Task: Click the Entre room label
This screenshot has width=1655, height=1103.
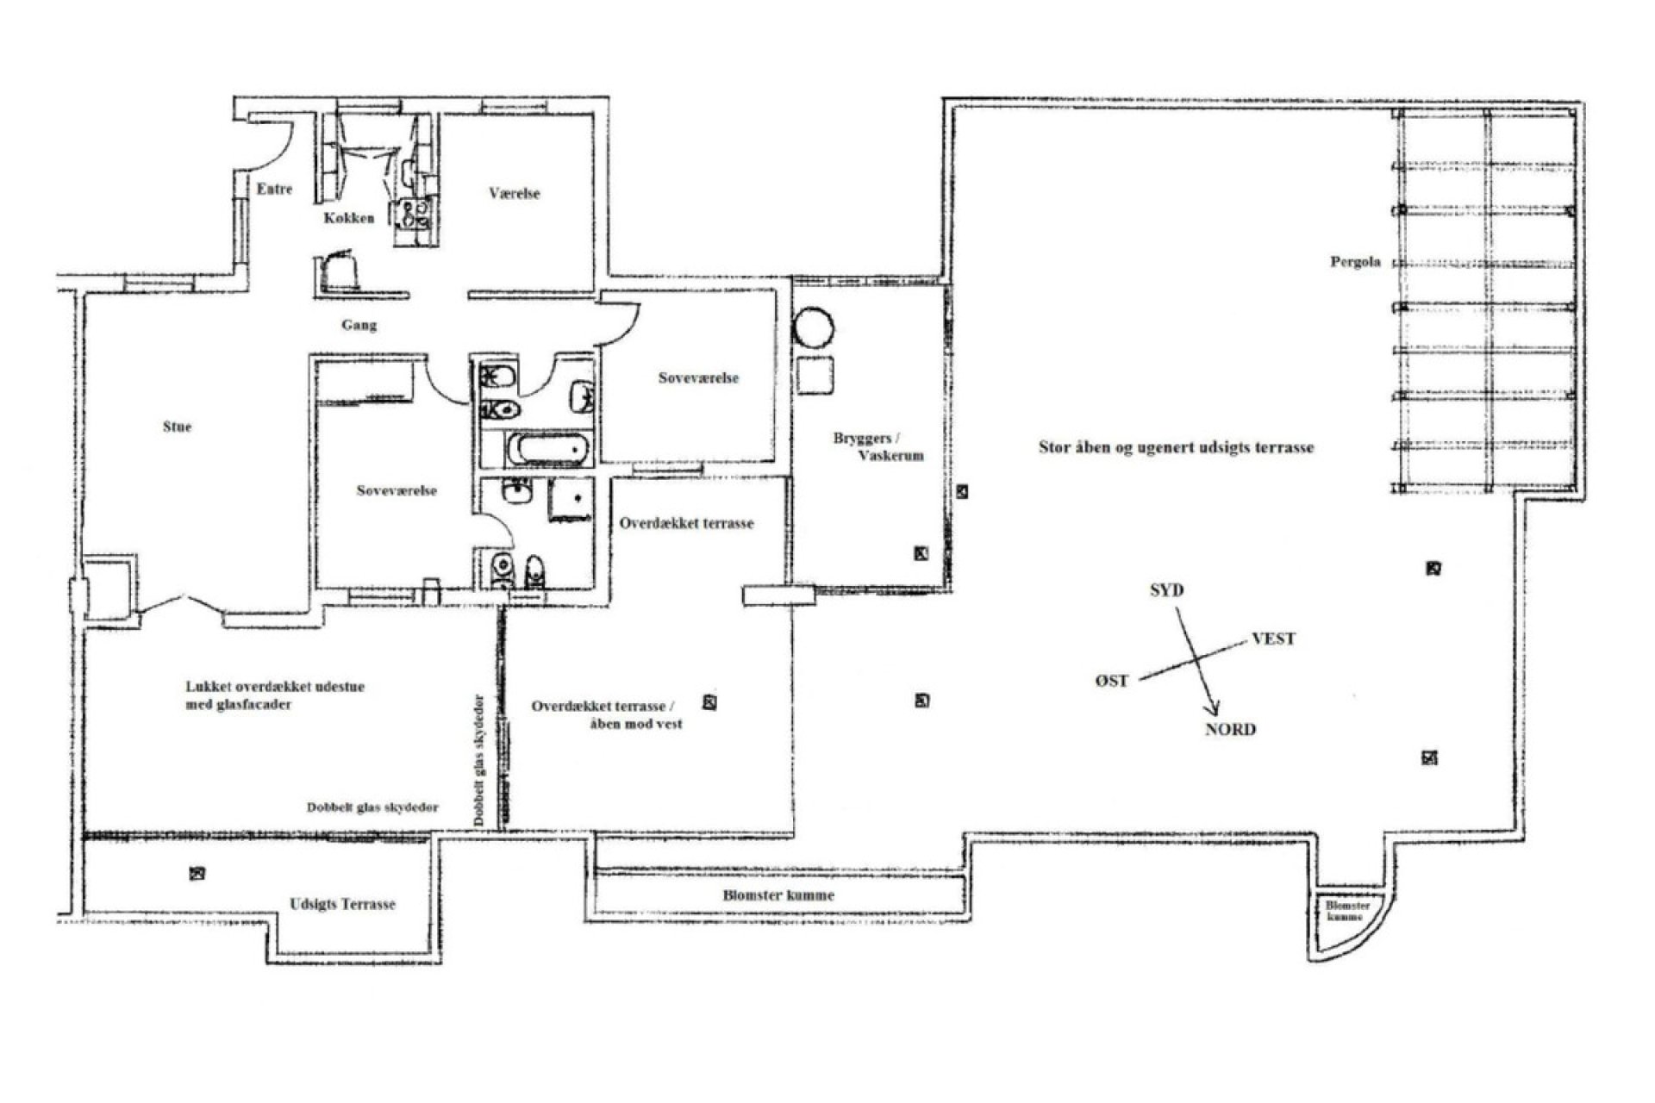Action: (x=274, y=189)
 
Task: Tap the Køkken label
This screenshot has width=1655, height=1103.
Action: (x=349, y=218)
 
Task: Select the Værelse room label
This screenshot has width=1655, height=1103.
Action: (x=514, y=194)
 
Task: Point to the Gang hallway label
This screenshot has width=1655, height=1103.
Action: (x=359, y=325)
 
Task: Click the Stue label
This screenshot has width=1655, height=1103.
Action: (x=177, y=427)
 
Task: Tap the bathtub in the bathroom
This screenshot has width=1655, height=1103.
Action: (x=549, y=449)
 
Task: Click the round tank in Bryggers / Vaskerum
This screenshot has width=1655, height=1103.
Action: (x=813, y=328)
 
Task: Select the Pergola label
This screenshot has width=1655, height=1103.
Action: (x=1355, y=261)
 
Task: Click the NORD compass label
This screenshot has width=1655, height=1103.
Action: (x=1230, y=729)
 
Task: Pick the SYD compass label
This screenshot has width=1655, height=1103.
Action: (x=1166, y=590)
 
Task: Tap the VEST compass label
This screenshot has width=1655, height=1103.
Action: (x=1273, y=639)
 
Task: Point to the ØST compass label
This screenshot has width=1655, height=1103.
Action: (x=1112, y=681)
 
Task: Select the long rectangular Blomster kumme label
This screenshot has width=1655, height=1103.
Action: (x=778, y=895)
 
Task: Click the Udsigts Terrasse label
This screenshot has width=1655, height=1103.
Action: (x=342, y=904)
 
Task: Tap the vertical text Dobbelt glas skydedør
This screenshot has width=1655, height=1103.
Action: (x=480, y=761)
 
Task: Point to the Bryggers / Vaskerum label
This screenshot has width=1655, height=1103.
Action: (x=877, y=446)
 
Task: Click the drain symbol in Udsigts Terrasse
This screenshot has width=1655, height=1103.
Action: (x=197, y=874)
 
